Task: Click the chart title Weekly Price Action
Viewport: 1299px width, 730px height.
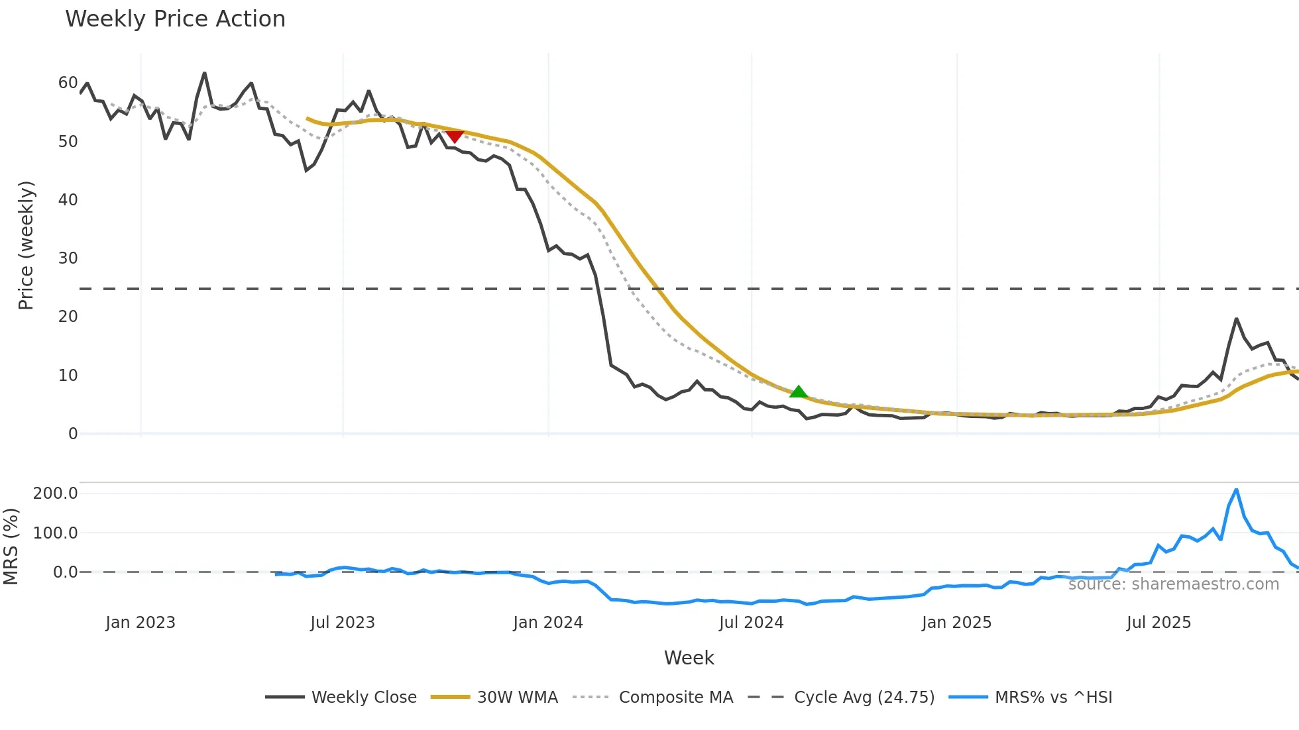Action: (x=175, y=19)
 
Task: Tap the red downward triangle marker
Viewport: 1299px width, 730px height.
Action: (x=455, y=136)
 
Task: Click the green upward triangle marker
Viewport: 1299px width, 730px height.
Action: (x=799, y=392)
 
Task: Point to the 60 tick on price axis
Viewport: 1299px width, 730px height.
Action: (x=68, y=83)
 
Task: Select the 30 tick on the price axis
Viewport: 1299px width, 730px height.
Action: (x=68, y=258)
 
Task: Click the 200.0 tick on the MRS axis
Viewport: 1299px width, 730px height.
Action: (x=56, y=494)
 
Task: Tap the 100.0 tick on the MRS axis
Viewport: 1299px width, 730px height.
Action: (x=56, y=533)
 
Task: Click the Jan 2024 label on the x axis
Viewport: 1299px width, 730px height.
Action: (x=548, y=623)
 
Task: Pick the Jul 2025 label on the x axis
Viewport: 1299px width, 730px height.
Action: (x=1158, y=623)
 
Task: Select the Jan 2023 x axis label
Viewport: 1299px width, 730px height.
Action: (x=141, y=623)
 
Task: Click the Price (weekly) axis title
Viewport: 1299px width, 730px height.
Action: (x=26, y=245)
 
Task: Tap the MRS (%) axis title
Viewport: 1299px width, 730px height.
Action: (x=11, y=547)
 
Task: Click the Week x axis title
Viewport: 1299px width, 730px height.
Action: (x=689, y=658)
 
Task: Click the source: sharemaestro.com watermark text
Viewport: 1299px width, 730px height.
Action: (x=1173, y=584)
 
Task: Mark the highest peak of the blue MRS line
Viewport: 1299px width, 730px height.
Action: (x=1236, y=490)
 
